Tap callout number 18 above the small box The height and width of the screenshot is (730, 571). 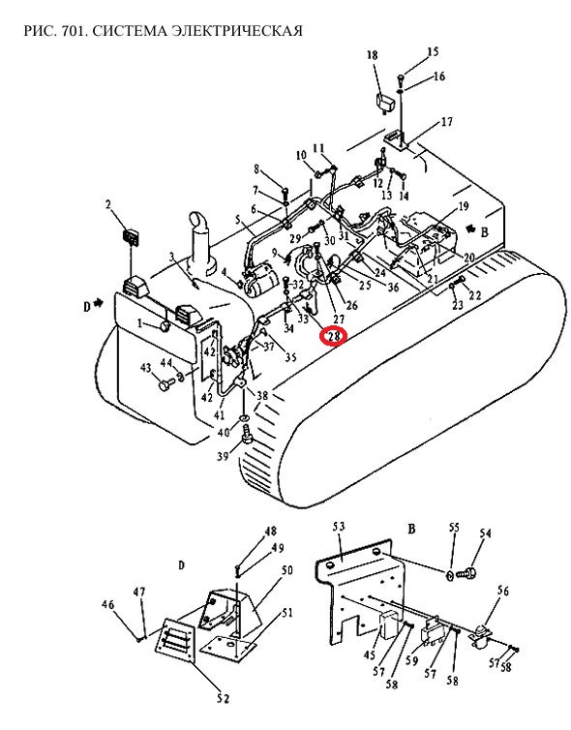(373, 55)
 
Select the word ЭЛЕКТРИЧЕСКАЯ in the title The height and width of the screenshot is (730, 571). (237, 31)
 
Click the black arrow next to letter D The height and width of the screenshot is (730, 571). (98, 303)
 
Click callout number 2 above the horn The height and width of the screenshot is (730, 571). (108, 204)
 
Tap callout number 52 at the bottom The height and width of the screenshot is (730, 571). (224, 698)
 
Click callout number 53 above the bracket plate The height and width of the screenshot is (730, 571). (339, 527)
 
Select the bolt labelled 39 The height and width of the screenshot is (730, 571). (246, 437)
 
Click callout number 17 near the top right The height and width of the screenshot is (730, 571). (447, 122)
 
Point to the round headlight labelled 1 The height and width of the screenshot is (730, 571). (165, 326)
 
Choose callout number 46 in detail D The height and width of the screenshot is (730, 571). (108, 605)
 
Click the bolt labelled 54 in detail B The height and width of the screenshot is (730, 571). (468, 572)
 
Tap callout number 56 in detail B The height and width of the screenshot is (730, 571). (503, 591)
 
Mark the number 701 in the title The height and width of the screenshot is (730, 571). (75, 31)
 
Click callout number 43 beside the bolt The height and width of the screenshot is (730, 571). (146, 368)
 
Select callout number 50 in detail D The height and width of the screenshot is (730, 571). (287, 569)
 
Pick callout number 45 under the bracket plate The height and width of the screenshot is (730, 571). (370, 655)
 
